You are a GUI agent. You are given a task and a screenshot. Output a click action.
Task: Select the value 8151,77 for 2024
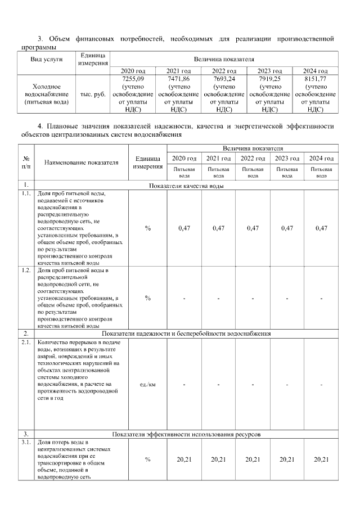[x=315, y=79]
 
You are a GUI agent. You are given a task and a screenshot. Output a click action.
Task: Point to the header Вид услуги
[x=47, y=59]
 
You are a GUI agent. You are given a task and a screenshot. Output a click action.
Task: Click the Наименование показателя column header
[x=82, y=163]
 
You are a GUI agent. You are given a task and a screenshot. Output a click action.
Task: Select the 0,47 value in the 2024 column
[x=321, y=228]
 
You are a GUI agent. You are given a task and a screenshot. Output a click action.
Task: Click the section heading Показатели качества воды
[x=186, y=185]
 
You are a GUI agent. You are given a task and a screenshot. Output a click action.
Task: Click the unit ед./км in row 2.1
[x=148, y=384]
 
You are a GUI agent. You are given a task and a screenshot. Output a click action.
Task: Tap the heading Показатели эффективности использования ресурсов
[x=186, y=434]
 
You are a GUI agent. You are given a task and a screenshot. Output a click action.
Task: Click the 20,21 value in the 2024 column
[x=321, y=460]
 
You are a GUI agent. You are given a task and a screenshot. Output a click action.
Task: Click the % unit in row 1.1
[x=148, y=228]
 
